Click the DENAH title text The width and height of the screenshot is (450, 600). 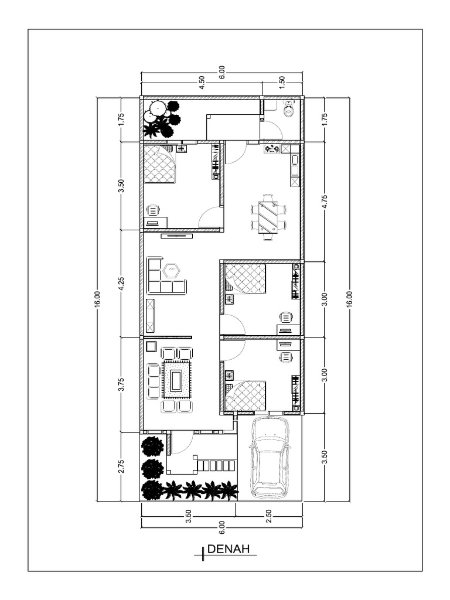tap(229, 549)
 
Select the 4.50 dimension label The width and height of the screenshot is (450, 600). tap(202, 83)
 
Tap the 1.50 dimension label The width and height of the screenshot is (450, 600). tap(282, 83)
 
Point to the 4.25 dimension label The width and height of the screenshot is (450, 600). tap(121, 284)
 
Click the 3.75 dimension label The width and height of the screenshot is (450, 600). tap(121, 384)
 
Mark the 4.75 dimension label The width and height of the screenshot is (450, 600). tap(324, 202)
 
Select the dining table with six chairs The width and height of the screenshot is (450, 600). tap(268, 217)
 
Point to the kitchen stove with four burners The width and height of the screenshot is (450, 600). tap(272, 149)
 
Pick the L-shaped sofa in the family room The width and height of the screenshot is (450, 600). tap(163, 278)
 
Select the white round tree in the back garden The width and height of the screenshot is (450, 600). tap(157, 109)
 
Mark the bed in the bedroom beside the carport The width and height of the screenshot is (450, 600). tap(246, 395)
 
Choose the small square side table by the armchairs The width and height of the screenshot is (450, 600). tap(151, 346)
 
